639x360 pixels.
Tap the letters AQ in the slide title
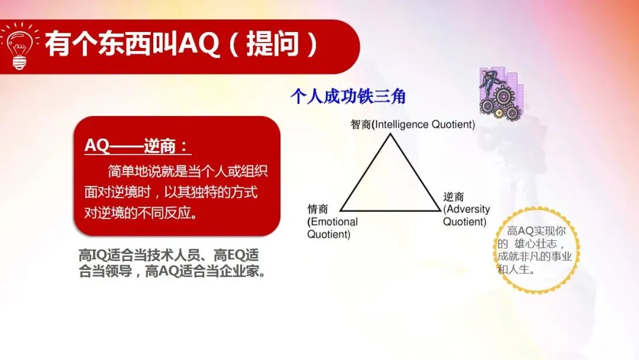click(x=198, y=44)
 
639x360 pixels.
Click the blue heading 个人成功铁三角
click(x=348, y=97)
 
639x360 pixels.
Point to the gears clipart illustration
click(x=501, y=94)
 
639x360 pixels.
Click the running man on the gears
click(x=490, y=81)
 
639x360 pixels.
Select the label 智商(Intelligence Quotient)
click(x=413, y=124)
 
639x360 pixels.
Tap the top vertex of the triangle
click(x=390, y=134)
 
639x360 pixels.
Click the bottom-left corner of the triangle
click(x=340, y=211)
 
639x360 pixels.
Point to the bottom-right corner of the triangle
click(x=441, y=210)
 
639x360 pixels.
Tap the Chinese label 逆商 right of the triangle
click(x=454, y=197)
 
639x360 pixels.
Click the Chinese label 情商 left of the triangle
click(x=318, y=209)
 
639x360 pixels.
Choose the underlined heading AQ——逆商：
click(x=137, y=146)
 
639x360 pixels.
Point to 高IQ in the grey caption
click(x=92, y=256)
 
